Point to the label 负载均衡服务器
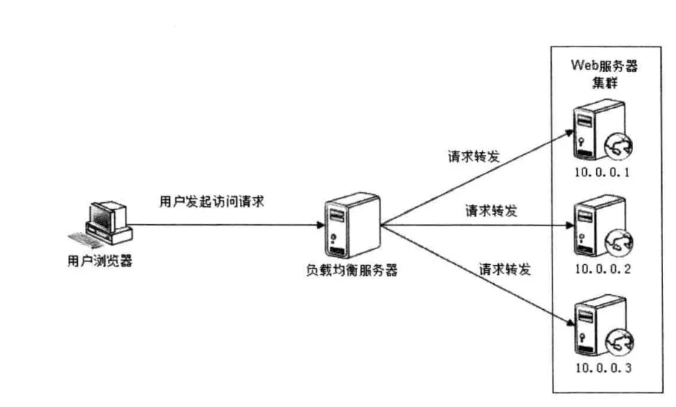click(349, 271)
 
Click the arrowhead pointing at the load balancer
click(320, 226)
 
